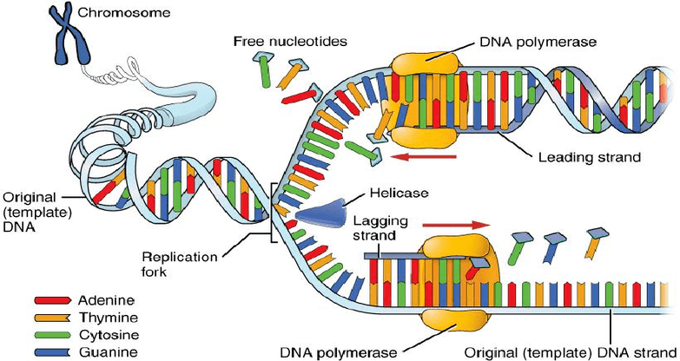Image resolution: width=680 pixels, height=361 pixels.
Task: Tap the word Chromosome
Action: point(124,12)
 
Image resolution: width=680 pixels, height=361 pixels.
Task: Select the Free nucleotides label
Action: point(290,42)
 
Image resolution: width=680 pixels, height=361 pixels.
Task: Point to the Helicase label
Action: point(399,192)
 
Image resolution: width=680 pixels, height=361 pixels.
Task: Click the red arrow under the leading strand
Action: point(423,156)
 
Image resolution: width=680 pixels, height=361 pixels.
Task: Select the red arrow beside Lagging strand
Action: point(456,225)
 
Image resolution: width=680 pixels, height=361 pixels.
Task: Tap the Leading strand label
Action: point(590,156)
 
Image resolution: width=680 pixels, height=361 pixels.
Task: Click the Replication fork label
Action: point(179,264)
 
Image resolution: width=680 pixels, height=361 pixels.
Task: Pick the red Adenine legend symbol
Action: point(52,300)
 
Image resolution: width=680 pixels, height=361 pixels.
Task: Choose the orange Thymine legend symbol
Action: point(52,318)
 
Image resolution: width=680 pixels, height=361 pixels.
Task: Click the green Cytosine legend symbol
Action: point(52,335)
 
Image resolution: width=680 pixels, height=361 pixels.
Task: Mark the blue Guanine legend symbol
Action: point(52,352)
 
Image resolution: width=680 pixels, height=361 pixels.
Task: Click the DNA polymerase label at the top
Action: point(538,42)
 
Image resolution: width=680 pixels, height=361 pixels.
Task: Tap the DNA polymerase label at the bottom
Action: point(339,353)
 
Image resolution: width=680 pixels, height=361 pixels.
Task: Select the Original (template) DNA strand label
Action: point(570,353)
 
